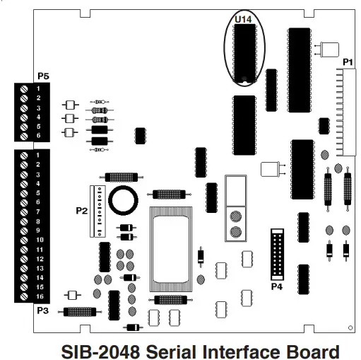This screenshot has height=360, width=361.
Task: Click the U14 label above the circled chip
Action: point(243,19)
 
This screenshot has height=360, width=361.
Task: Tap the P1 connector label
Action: point(348,62)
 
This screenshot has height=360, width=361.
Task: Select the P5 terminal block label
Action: point(43,76)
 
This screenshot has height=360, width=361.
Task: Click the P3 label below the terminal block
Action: point(43,310)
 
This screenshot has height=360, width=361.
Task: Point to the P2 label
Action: point(82,211)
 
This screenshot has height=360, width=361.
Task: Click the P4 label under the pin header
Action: point(277,286)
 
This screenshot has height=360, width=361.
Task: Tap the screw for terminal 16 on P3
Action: point(24,296)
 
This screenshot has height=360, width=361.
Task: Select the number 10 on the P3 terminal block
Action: point(40,240)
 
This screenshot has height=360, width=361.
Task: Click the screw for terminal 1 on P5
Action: point(24,89)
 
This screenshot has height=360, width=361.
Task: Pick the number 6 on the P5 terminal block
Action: point(38,135)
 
